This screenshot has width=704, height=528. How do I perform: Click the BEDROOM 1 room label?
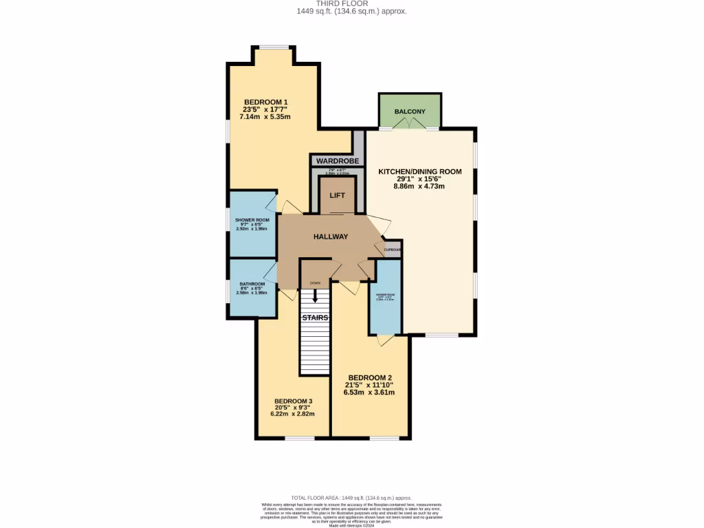pyautogui.click(x=265, y=102)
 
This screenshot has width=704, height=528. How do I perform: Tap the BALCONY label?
pyautogui.click(x=410, y=111)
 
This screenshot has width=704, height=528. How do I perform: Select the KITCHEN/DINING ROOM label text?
pyautogui.click(x=419, y=171)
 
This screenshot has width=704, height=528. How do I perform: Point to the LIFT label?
pyautogui.click(x=337, y=195)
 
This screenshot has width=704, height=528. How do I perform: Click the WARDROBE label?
pyautogui.click(x=338, y=161)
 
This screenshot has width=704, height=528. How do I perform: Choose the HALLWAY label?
pyautogui.click(x=331, y=236)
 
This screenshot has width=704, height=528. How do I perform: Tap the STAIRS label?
pyautogui.click(x=315, y=318)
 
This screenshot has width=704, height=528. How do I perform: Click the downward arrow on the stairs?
pyautogui.click(x=315, y=296)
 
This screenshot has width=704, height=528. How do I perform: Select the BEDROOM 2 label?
pyautogui.click(x=370, y=377)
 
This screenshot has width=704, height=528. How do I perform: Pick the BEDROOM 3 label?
pyautogui.click(x=294, y=401)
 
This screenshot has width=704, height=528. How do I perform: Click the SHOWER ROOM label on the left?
pyautogui.click(x=252, y=220)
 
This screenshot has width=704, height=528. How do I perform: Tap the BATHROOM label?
pyautogui.click(x=252, y=284)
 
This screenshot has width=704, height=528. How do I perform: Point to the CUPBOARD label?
pyautogui.click(x=393, y=250)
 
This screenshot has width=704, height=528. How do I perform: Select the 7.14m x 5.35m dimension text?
pyautogui.click(x=265, y=117)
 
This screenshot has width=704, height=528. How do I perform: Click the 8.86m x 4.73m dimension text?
pyautogui.click(x=419, y=186)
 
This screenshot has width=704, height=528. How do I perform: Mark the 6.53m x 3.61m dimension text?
pyautogui.click(x=370, y=393)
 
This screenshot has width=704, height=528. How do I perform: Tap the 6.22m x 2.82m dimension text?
pyautogui.click(x=294, y=414)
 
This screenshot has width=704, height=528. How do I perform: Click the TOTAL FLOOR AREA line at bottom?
pyautogui.click(x=351, y=497)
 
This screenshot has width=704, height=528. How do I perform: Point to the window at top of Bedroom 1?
pyautogui.click(x=274, y=47)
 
